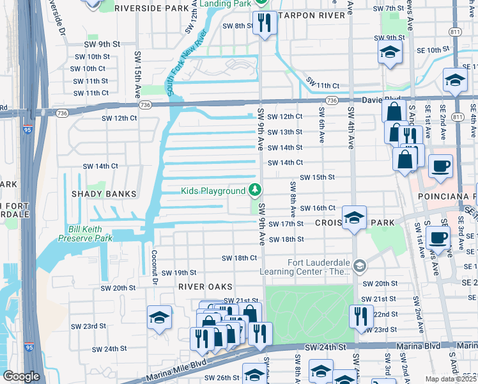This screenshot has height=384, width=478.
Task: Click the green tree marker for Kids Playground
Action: [255, 190]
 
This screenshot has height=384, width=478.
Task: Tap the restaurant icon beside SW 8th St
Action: [263, 23]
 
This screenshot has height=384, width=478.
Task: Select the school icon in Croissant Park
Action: [354, 218]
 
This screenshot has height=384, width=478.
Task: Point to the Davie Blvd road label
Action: [376, 100]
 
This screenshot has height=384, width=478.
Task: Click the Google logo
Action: [21, 376]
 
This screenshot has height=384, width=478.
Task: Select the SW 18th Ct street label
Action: [239, 258]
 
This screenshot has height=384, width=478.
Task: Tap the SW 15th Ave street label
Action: [137, 74]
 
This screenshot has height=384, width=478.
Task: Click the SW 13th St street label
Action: [284, 132]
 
